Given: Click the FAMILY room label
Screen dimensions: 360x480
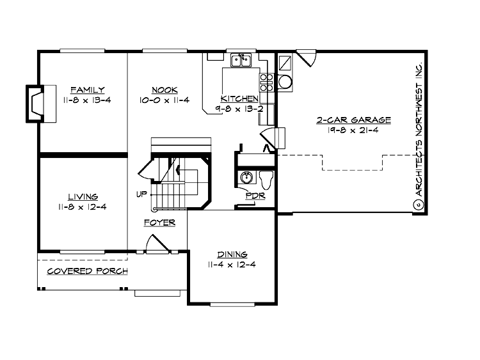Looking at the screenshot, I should click(88, 90).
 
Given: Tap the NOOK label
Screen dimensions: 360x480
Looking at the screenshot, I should click(164, 90).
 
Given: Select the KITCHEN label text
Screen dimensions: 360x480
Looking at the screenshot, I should click(239, 98).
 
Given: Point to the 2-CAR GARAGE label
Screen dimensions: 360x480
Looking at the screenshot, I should click(353, 120).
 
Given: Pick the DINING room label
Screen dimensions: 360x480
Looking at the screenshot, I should click(232, 254).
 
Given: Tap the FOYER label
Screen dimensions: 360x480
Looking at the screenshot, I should click(160, 223).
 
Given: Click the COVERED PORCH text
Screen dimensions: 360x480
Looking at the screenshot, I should click(88, 271).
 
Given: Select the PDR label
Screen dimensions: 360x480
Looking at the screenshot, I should click(255, 196).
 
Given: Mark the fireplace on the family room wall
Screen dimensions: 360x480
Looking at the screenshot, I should click(34, 102).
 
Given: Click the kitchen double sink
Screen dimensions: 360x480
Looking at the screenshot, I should click(241, 61).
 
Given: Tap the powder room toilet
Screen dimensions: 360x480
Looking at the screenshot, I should click(268, 178).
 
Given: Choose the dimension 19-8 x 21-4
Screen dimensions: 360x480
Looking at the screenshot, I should click(353, 130).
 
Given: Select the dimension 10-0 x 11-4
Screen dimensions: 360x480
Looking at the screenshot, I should click(164, 100).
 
